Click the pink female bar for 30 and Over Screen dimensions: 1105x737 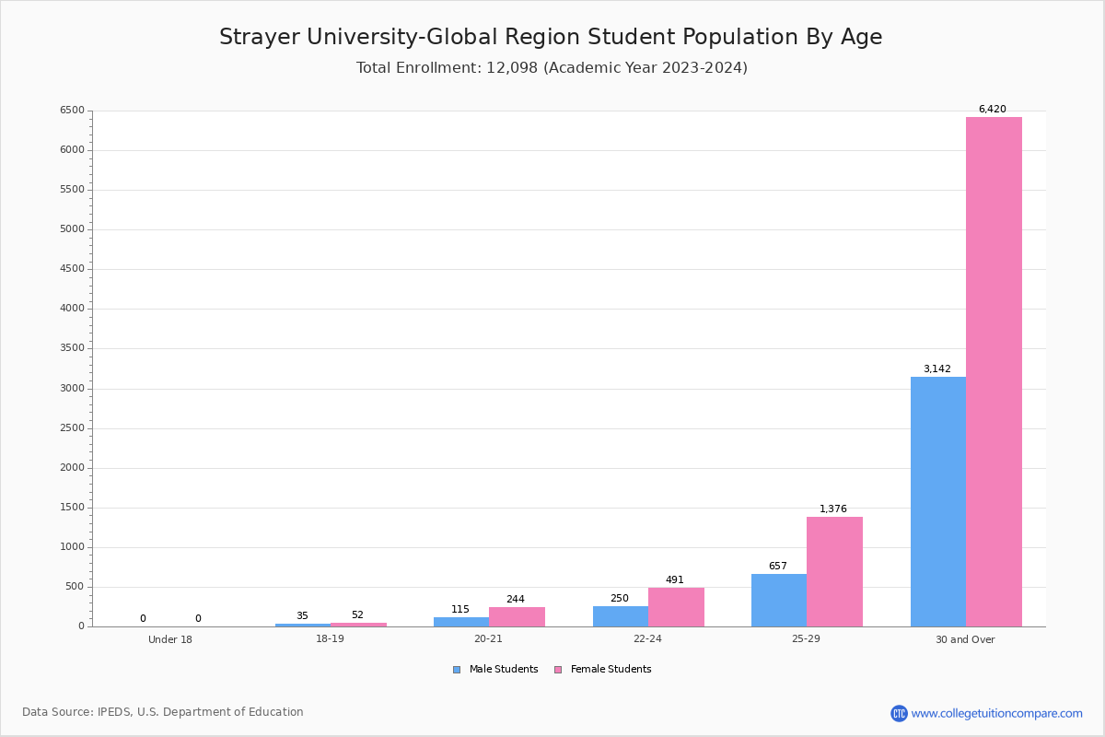pyautogui.click(x=994, y=371)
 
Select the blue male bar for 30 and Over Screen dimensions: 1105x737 pyautogui.click(x=938, y=501)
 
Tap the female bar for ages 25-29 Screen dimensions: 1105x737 pyautogui.click(x=834, y=571)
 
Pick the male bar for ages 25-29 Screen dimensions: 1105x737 pyautogui.click(x=779, y=601)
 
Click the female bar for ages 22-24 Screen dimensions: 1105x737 pyautogui.click(x=676, y=607)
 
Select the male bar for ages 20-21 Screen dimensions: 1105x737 pyautogui.click(x=461, y=622)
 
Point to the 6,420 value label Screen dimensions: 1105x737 pyautogui.click(x=992, y=109)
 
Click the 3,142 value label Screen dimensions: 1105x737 pyautogui.click(x=936, y=368)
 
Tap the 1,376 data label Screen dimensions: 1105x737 pyautogui.click(x=832, y=509)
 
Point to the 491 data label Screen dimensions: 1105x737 pyautogui.click(x=674, y=579)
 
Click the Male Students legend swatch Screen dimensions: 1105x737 pyautogui.click(x=457, y=670)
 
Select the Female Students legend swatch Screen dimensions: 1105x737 pyautogui.click(x=558, y=670)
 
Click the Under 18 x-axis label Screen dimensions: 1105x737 pyautogui.click(x=170, y=639)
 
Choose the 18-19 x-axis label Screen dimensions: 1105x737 pyautogui.click(x=330, y=638)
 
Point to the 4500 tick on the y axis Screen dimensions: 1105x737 pyautogui.click(x=72, y=268)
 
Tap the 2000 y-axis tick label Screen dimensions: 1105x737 pyautogui.click(x=72, y=467)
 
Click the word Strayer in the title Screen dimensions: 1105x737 pyautogui.click(x=259, y=37)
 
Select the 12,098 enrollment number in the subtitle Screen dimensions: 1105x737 pyautogui.click(x=512, y=67)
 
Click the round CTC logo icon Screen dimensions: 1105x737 pyautogui.click(x=899, y=713)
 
